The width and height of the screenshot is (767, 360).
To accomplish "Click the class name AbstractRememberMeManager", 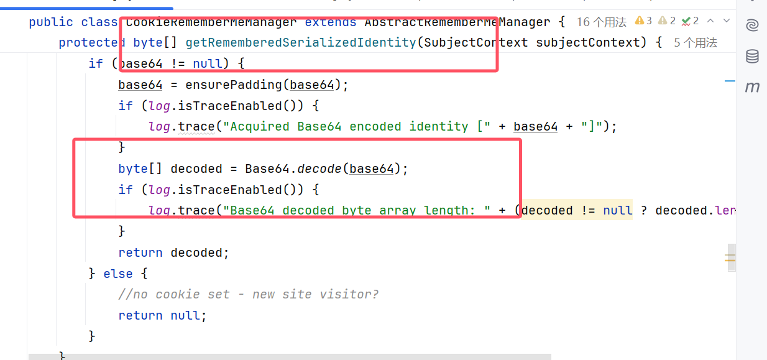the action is coord(457,22).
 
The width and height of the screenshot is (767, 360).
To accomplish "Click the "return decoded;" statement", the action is coord(174,252).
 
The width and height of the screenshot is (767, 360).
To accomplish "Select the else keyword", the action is coord(118,274).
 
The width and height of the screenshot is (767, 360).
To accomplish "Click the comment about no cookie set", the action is coord(249,294).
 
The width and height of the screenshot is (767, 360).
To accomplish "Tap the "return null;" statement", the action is coord(162,315).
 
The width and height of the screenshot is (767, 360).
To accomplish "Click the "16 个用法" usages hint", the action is coord(601,22).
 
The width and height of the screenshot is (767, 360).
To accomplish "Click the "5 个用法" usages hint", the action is coord(696,43).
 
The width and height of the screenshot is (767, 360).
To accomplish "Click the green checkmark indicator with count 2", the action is coord(690,21).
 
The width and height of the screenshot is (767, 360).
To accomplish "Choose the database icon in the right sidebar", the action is coord(752,57).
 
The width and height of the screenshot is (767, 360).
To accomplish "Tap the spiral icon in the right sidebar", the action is coord(752,25).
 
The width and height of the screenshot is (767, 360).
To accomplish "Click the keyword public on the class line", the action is coord(51,22).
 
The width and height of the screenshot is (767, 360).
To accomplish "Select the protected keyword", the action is coord(92,43).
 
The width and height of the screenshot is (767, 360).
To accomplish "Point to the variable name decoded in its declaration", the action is coord(196,168).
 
